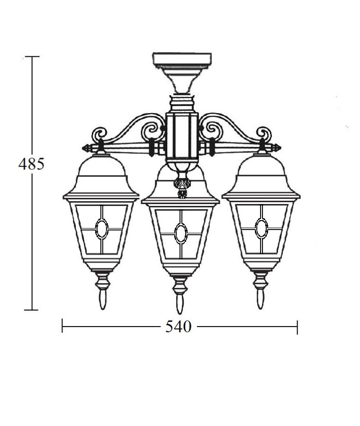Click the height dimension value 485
pyautogui.click(x=31, y=164)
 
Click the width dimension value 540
pyautogui.click(x=179, y=326)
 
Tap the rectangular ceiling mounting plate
pyautogui.click(x=182, y=60)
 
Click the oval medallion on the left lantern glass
pyautogui.click(x=102, y=229)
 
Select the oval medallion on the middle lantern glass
pyautogui.click(x=181, y=233)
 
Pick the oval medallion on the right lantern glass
pyautogui.click(x=261, y=228)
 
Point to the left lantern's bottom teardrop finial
pyautogui.click(x=102, y=300)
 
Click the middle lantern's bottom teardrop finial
pyautogui.click(x=180, y=304)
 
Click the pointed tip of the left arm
pyautogui.click(x=83, y=148)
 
